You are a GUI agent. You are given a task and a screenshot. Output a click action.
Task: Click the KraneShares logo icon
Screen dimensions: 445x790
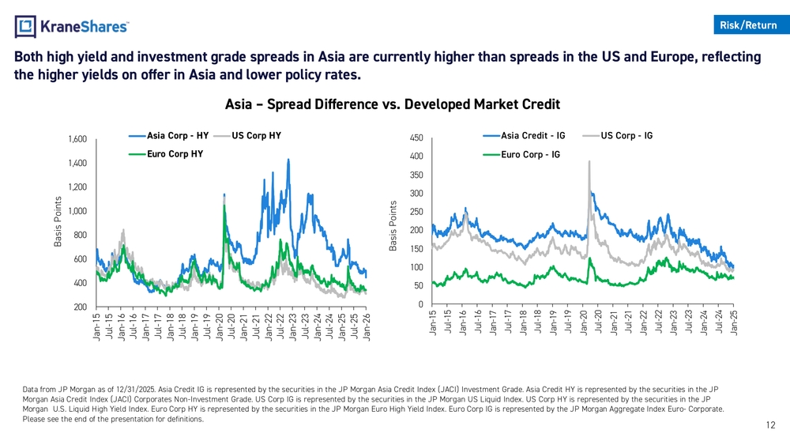pyautogui.click(x=26, y=27)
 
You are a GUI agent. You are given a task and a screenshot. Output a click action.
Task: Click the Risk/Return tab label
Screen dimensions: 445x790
pyautogui.click(x=748, y=25)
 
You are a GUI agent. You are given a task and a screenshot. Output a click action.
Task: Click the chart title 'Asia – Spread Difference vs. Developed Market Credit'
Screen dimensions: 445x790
pyautogui.click(x=393, y=104)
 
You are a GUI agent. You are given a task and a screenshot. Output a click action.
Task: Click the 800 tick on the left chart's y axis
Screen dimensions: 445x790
pyautogui.click(x=80, y=236)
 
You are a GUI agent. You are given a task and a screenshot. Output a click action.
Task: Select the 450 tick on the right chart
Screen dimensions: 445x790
pyautogui.click(x=416, y=138)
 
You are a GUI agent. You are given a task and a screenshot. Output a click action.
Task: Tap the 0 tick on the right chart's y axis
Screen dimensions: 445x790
pyautogui.click(x=420, y=304)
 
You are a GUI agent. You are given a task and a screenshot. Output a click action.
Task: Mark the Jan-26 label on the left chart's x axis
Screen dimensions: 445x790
pyautogui.click(x=367, y=327)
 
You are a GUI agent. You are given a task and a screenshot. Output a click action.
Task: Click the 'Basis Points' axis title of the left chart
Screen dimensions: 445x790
pyautogui.click(x=58, y=221)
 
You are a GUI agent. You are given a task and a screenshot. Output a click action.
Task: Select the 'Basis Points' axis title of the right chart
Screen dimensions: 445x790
pyautogui.click(x=393, y=225)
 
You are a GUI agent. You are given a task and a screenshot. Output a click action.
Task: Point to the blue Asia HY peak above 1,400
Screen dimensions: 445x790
pyautogui.click(x=288, y=160)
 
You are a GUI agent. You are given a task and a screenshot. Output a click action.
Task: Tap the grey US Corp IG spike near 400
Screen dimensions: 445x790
pyautogui.click(x=589, y=162)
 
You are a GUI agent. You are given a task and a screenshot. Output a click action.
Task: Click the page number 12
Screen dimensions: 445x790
pyautogui.click(x=770, y=425)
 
